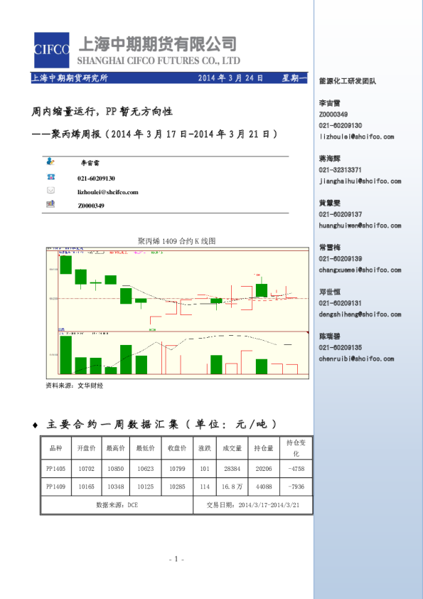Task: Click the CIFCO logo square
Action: click(x=50, y=49)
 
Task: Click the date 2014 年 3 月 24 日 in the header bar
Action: click(x=230, y=78)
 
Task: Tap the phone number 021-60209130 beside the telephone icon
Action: click(x=97, y=179)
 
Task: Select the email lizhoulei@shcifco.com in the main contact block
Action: click(x=107, y=192)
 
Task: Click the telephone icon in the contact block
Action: click(x=50, y=177)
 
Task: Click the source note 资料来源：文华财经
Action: click(x=74, y=385)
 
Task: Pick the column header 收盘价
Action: click(x=177, y=449)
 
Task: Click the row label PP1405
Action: click(x=55, y=469)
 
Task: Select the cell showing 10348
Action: click(x=115, y=487)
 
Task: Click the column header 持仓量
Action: click(x=264, y=449)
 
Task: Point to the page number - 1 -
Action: click(x=177, y=559)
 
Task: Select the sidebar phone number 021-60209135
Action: click(x=341, y=347)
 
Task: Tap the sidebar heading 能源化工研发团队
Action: click(x=347, y=81)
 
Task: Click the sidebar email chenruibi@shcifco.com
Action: click(x=356, y=359)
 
